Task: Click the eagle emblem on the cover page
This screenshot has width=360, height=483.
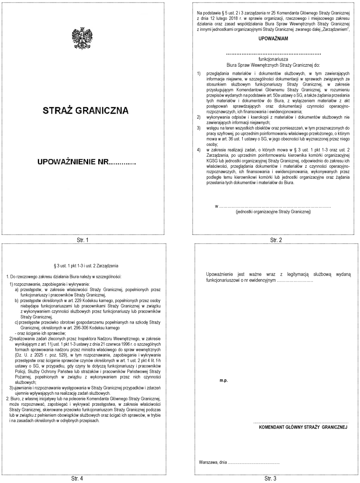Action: pos(82,38)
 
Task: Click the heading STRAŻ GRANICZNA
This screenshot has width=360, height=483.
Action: pos(86,111)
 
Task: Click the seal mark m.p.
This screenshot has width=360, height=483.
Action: pos(223,380)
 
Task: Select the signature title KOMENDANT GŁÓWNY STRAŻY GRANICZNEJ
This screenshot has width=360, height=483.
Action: pos(303,426)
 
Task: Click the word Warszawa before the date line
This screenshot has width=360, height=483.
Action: pos(208,463)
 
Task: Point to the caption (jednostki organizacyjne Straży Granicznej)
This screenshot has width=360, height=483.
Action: pos(273,211)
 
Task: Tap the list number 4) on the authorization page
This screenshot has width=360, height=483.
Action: pos(199,150)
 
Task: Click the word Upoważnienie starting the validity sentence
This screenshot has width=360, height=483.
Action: pos(222,275)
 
